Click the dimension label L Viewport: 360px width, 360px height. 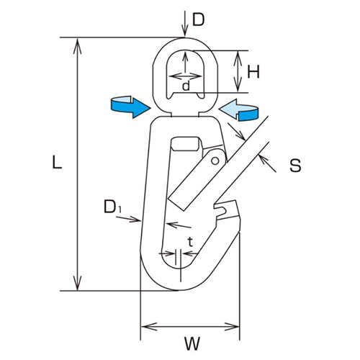(x=57, y=163)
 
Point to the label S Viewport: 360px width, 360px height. (x=294, y=166)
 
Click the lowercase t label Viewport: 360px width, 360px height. (x=190, y=242)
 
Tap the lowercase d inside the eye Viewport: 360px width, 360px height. (x=186, y=86)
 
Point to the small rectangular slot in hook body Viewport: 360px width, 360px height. (x=186, y=143)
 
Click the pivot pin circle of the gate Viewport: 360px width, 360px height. (x=213, y=159)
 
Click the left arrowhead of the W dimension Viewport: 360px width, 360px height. (x=144, y=327)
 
